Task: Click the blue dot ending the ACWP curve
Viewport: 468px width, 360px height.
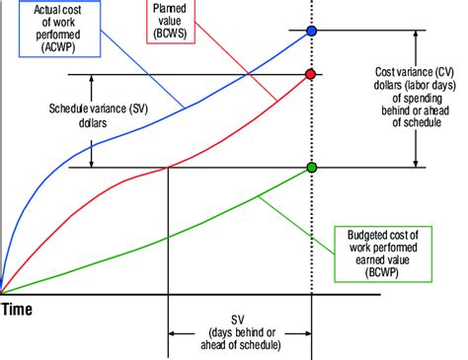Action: click(312, 32)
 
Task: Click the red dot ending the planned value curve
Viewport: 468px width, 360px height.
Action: click(312, 75)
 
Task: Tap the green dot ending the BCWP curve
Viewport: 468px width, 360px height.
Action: click(312, 167)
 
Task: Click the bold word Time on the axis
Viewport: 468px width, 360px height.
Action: click(17, 310)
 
